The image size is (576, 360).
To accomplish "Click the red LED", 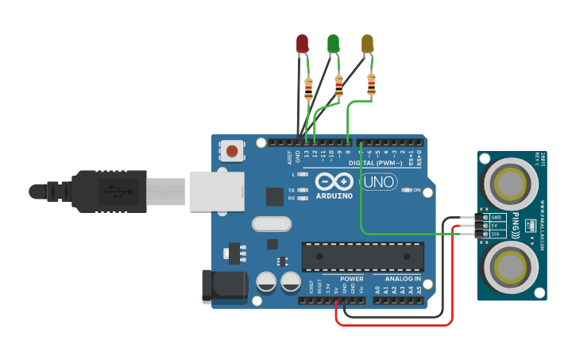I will pyautogui.click(x=302, y=44).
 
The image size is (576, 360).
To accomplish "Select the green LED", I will pyautogui.click(x=334, y=43).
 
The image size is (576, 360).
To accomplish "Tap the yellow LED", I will pyautogui.click(x=367, y=44).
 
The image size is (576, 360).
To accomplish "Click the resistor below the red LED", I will pyautogui.click(x=308, y=89).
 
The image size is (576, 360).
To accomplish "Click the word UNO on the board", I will pyautogui.click(x=379, y=182).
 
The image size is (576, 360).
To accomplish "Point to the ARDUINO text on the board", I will pyautogui.click(x=334, y=195).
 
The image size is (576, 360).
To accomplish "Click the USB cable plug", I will pyautogui.click(x=103, y=192).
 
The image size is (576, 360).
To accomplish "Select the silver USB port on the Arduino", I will pyautogui.click(x=215, y=192).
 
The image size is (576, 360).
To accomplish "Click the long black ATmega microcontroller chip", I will pyautogui.click(x=362, y=257).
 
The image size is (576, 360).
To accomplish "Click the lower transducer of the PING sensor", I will pyautogui.click(x=509, y=265).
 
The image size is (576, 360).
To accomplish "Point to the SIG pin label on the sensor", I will pyautogui.click(x=496, y=234).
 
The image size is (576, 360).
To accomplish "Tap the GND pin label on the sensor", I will pyautogui.click(x=497, y=217).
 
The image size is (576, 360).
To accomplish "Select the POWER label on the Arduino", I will pyautogui.click(x=351, y=279).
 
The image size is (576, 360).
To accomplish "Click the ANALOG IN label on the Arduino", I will pyautogui.click(x=403, y=279).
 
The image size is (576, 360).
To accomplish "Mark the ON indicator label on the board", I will pyautogui.click(x=416, y=190).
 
